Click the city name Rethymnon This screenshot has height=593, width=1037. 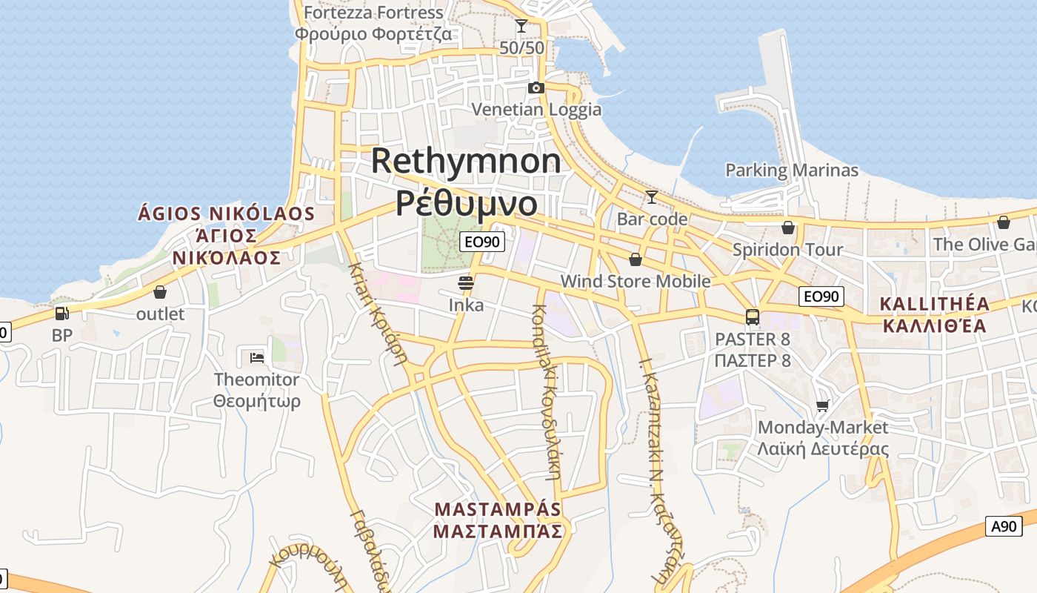(x=466, y=161)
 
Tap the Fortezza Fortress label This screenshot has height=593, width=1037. (x=373, y=13)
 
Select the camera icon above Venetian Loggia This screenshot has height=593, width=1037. (x=536, y=87)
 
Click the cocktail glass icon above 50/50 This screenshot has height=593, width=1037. (x=521, y=26)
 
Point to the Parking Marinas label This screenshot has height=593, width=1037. (x=791, y=170)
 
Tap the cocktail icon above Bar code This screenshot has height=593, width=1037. (x=652, y=196)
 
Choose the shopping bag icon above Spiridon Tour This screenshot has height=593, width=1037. (x=788, y=227)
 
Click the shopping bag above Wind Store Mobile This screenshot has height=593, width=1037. (x=635, y=259)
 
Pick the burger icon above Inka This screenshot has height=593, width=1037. (x=466, y=282)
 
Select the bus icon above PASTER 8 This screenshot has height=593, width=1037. (x=753, y=317)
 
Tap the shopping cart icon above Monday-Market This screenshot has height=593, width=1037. (x=822, y=405)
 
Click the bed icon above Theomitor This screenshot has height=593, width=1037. (x=257, y=357)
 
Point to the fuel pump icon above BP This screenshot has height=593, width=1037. (x=62, y=314)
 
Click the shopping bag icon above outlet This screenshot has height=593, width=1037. (x=160, y=292)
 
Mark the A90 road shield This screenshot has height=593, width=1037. (x=1004, y=526)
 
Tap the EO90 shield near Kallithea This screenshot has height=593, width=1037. (x=822, y=296)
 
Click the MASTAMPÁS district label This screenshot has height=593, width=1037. (x=498, y=510)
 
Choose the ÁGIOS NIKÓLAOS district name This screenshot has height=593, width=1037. (x=227, y=214)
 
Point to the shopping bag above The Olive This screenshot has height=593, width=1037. (x=1004, y=222)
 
